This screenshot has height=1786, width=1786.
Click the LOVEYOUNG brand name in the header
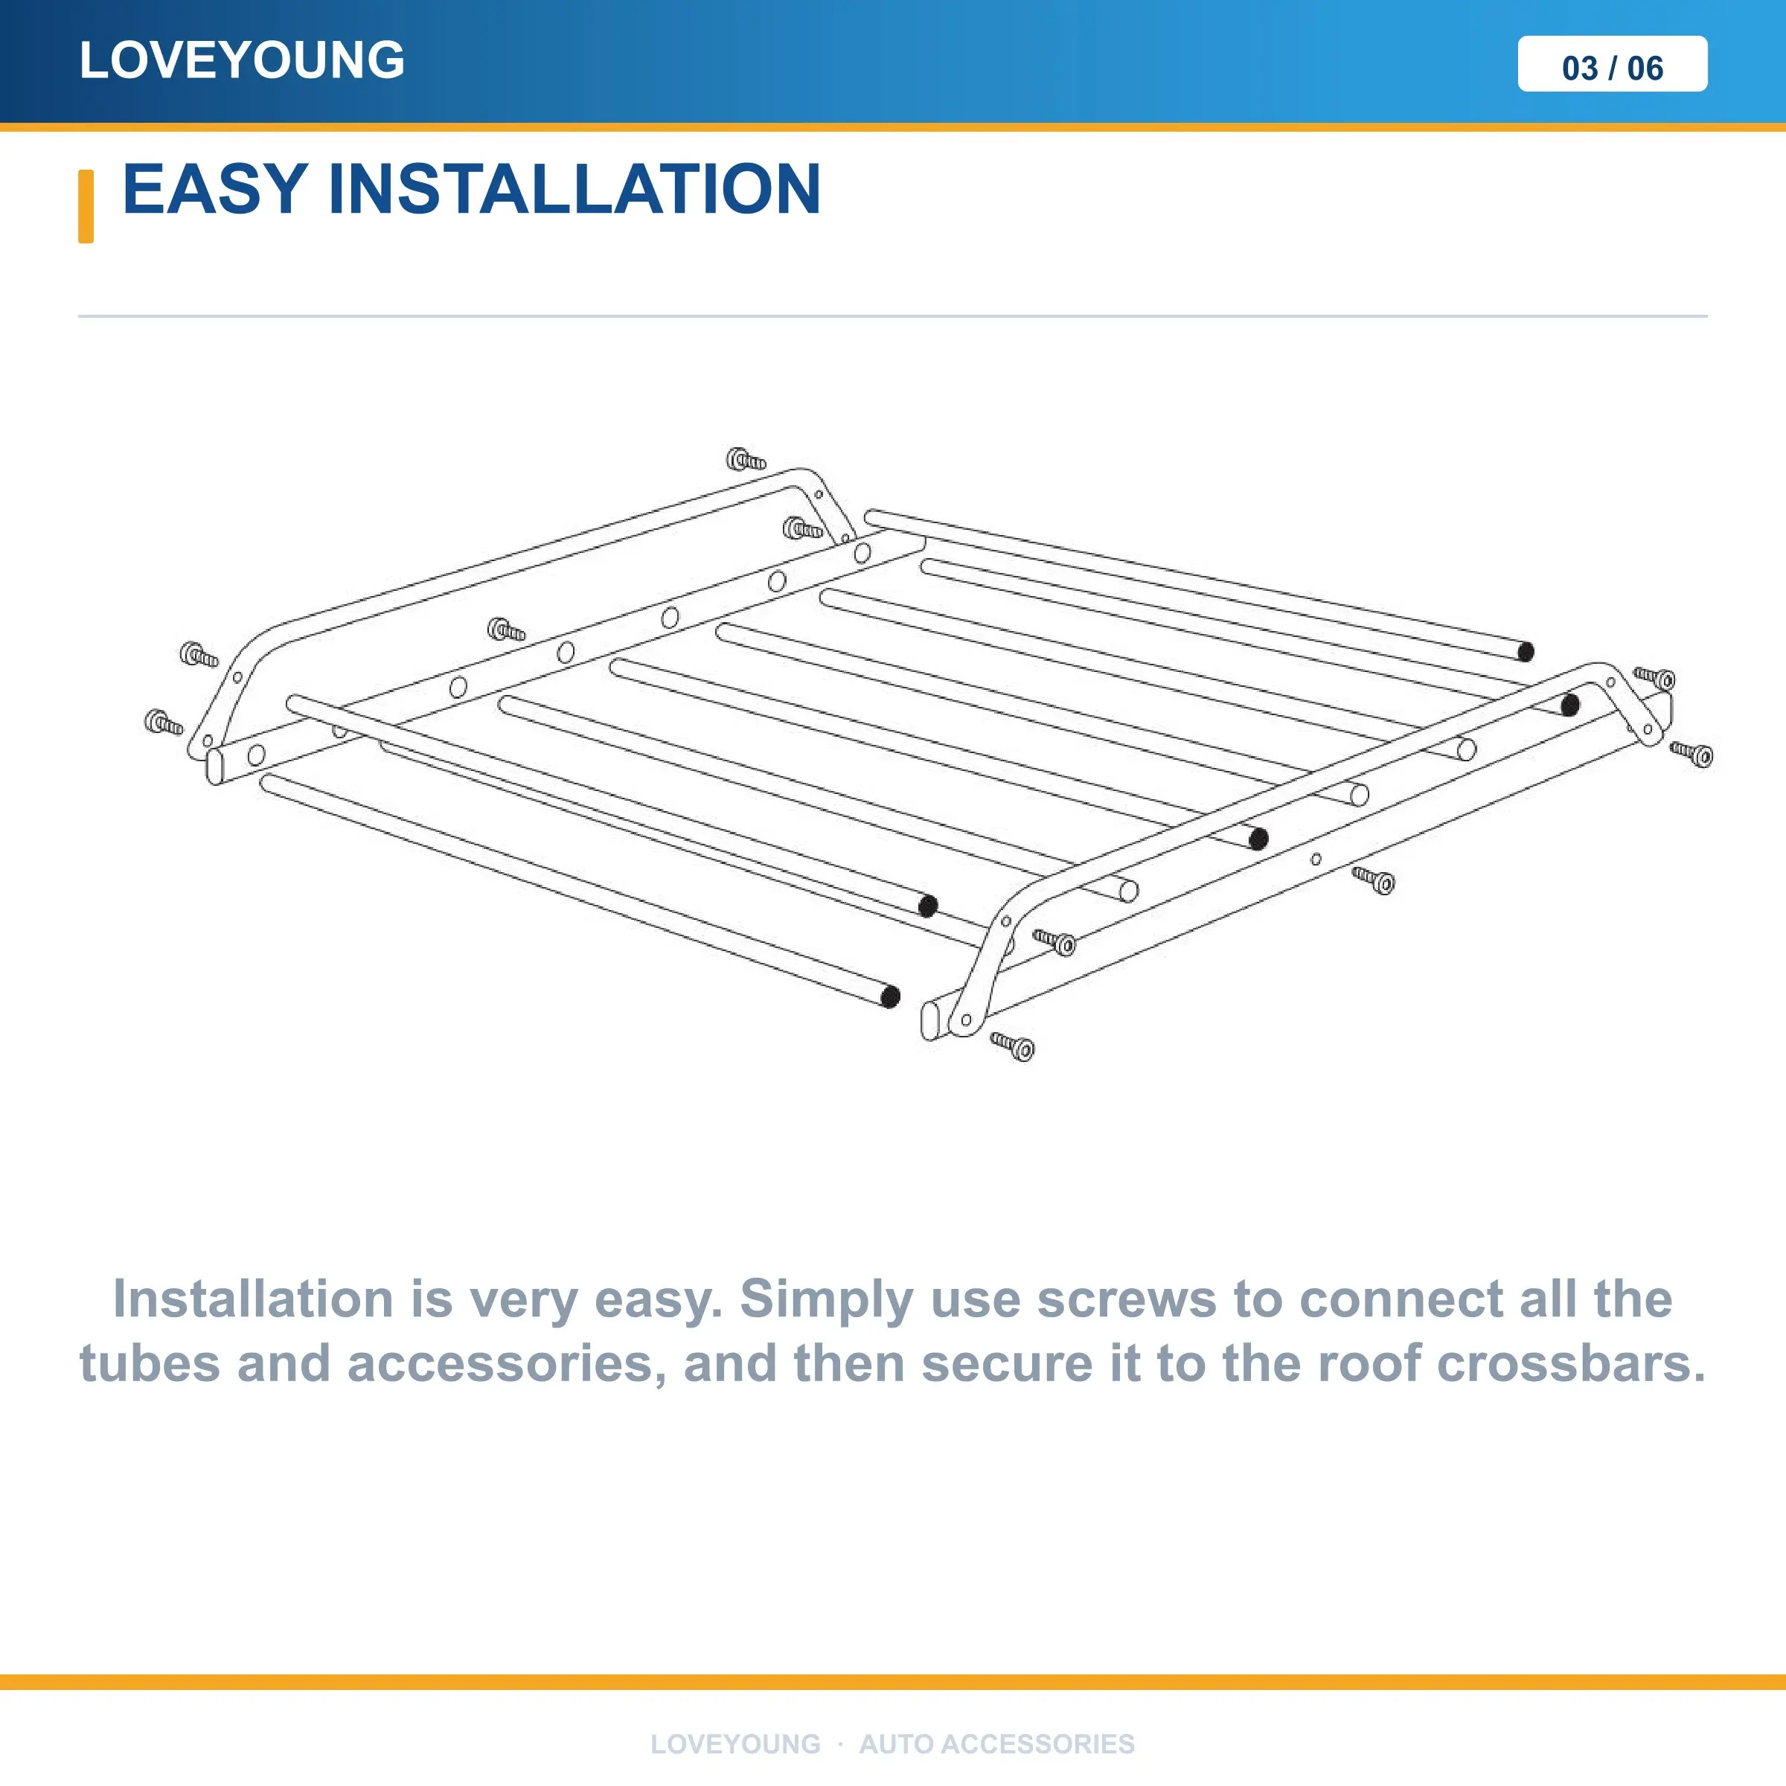click(x=242, y=60)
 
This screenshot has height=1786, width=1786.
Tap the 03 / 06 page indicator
click(x=1612, y=68)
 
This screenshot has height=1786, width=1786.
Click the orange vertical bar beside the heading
click(x=86, y=206)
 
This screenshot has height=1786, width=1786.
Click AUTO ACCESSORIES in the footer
click(x=996, y=1744)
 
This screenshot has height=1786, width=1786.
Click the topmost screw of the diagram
click(x=746, y=459)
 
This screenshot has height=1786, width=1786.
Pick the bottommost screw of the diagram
click(x=1013, y=1046)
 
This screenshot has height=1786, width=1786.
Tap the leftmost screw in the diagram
click(x=164, y=723)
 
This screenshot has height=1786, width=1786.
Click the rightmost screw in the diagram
click(x=1691, y=755)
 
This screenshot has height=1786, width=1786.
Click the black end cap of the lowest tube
click(x=890, y=996)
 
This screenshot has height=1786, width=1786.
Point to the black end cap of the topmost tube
click(x=1526, y=652)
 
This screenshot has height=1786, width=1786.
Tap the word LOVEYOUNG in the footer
click(x=735, y=1744)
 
